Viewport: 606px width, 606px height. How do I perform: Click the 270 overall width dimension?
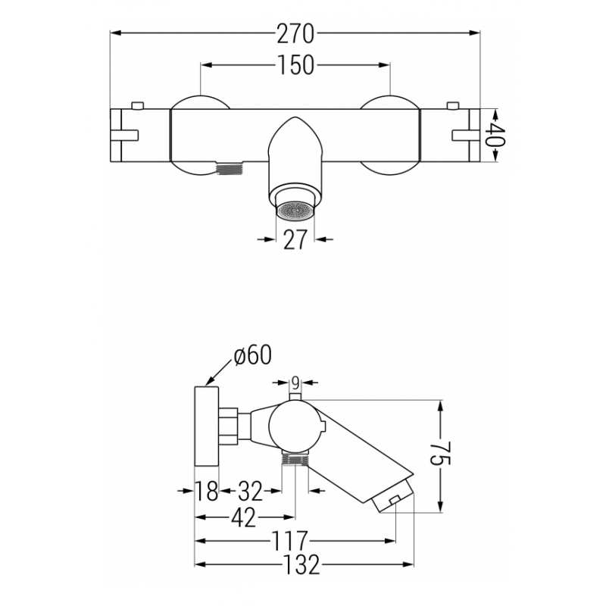coord(295,33)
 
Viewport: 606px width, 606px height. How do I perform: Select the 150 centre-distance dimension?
coord(295,64)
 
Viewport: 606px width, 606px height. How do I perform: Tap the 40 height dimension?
coord(496,135)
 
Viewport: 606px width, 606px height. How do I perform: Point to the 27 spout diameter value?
coord(295,239)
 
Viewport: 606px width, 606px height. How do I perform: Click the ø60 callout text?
coord(253,355)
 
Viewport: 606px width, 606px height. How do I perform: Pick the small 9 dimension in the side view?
coord(295,383)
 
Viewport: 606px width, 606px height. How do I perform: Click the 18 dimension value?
coord(206,491)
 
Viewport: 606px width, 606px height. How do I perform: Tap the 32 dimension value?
coord(250,491)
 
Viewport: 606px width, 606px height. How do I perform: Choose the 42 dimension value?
coord(243,517)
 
